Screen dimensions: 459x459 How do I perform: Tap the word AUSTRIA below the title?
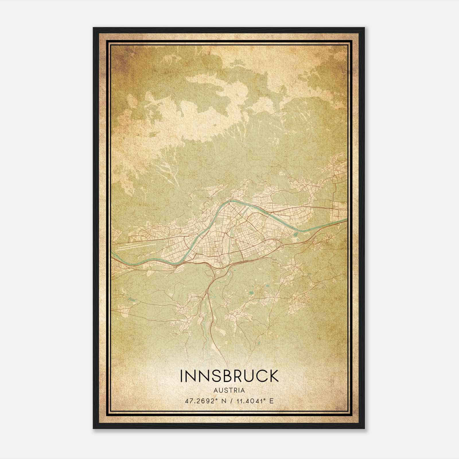229,390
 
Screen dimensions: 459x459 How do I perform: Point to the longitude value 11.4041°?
251,401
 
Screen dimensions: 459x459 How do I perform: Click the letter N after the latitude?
224,401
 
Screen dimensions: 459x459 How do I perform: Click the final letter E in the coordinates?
272,401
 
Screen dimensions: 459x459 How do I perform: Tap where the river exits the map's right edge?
346,219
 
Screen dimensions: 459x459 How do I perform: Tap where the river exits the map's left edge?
113,254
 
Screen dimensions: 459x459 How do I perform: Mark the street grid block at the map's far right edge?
340,209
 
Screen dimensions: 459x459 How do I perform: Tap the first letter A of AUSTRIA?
215,390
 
